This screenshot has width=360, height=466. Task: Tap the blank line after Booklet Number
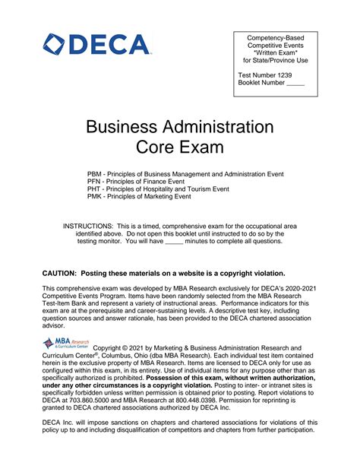tap(295, 84)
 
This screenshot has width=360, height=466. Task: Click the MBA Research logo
tap(66, 345)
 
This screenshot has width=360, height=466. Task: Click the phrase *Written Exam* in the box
tap(275, 52)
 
